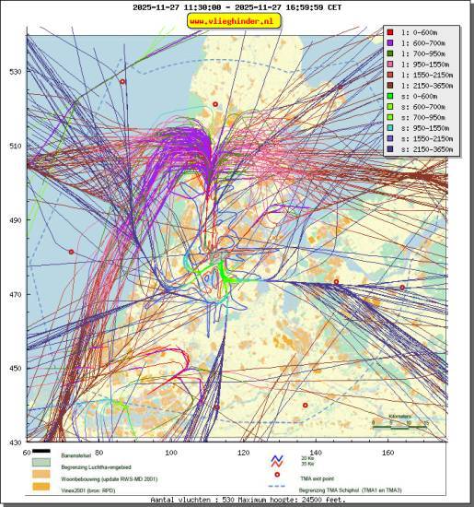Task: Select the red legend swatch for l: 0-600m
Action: (x=391, y=30)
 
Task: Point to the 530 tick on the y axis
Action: (x=16, y=71)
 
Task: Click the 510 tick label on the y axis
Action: (x=16, y=146)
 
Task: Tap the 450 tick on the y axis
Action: (x=16, y=369)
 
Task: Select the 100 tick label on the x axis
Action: (x=170, y=453)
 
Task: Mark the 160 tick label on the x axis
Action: (x=387, y=453)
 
